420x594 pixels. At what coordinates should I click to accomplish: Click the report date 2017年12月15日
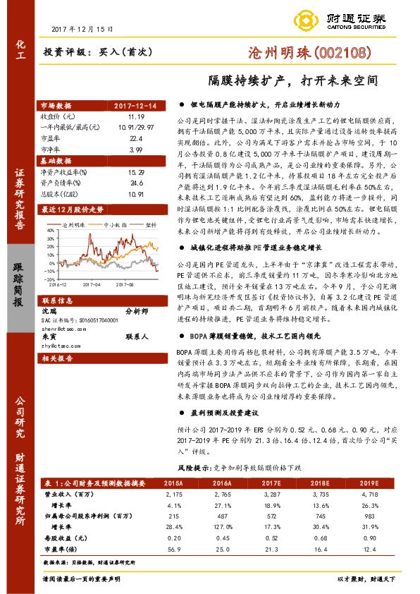(82, 29)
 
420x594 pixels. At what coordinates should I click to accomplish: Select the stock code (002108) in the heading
(341, 51)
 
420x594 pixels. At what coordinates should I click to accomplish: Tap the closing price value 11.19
(136, 116)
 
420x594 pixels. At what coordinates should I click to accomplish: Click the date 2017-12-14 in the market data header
(137, 106)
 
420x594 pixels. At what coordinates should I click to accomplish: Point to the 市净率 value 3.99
(136, 150)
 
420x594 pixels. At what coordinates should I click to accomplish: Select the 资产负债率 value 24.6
(136, 181)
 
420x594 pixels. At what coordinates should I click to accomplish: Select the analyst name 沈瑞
(49, 310)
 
